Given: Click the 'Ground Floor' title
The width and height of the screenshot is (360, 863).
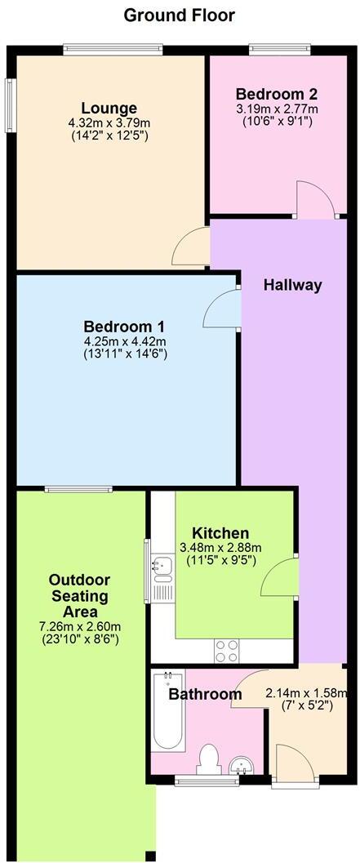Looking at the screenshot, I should pyautogui.click(x=180, y=16).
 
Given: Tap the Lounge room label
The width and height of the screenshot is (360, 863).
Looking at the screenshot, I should pyautogui.click(x=109, y=109).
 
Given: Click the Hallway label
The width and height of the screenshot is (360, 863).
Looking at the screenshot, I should pyautogui.click(x=292, y=285).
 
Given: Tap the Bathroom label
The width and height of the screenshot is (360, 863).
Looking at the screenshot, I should pyautogui.click(x=205, y=695).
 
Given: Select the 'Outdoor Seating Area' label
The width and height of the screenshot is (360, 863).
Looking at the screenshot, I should pyautogui.click(x=79, y=596).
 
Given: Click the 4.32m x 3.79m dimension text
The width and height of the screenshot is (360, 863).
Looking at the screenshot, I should pyautogui.click(x=109, y=123).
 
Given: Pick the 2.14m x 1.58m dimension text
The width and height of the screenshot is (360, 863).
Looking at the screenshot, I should pyautogui.click(x=305, y=694).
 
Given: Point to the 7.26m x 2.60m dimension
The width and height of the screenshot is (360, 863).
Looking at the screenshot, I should pyautogui.click(x=79, y=626).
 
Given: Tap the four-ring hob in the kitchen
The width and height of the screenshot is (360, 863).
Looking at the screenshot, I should pyautogui.click(x=226, y=651).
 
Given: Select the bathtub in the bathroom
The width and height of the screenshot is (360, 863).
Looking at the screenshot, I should pyautogui.click(x=169, y=711).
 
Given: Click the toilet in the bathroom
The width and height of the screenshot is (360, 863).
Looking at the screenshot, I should pyautogui.click(x=210, y=758).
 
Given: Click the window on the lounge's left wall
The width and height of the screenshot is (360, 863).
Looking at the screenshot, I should pyautogui.click(x=11, y=104).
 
